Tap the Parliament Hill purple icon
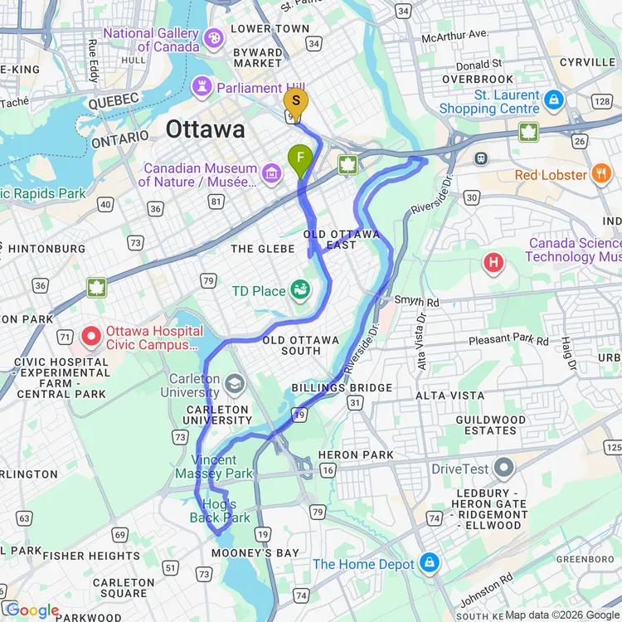[202, 86]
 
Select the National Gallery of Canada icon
[214, 37]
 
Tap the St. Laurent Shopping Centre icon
[554, 101]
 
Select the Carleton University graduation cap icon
[236, 383]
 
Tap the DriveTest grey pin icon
[503, 469]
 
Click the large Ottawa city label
[205, 129]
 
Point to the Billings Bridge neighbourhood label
[342, 388]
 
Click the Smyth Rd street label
[415, 301]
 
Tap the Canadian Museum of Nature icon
[270, 174]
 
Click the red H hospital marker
[494, 264]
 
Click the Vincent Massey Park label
[214, 466]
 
